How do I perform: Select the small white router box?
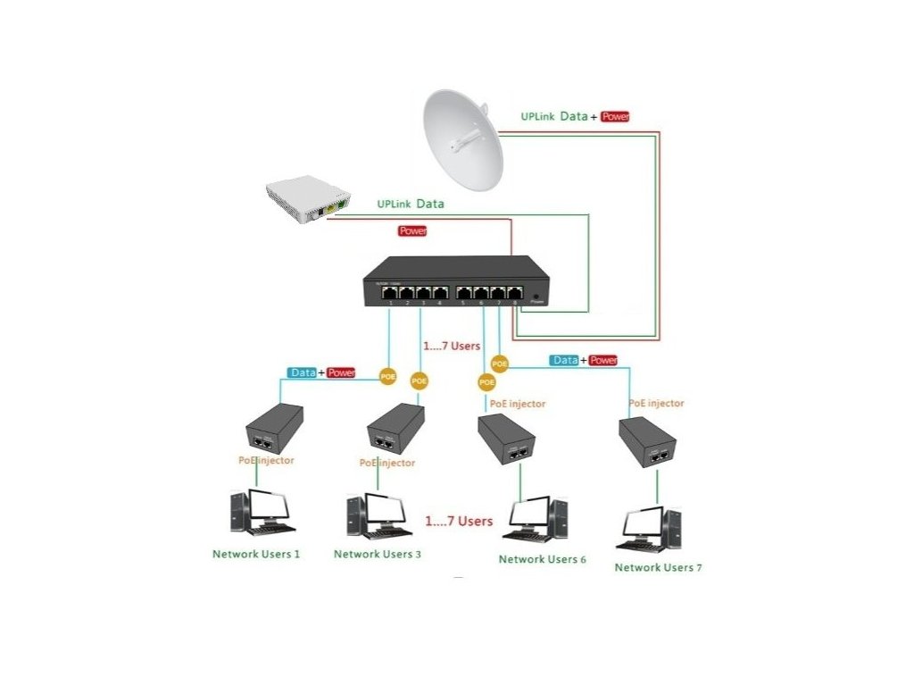pyautogui.click(x=305, y=198)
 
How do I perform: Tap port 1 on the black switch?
pyautogui.click(x=392, y=292)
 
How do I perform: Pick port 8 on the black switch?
pyautogui.click(x=515, y=292)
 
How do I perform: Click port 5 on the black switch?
pyautogui.click(x=464, y=292)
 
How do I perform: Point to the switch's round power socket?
pyautogui.click(x=536, y=295)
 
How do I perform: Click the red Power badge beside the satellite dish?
pyautogui.click(x=615, y=116)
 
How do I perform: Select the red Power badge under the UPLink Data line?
pyautogui.click(x=411, y=231)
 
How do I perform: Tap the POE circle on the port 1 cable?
pyautogui.click(x=387, y=375)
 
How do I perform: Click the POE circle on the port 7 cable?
pyautogui.click(x=500, y=364)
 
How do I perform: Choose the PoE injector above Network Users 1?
pyautogui.click(x=274, y=429)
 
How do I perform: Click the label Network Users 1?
pyautogui.click(x=256, y=554)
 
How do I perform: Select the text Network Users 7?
pyautogui.click(x=658, y=567)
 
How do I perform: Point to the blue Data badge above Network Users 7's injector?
pyautogui.click(x=565, y=360)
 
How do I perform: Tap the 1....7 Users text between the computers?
pyautogui.click(x=459, y=521)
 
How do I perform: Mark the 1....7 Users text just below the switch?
pyautogui.click(x=451, y=346)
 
